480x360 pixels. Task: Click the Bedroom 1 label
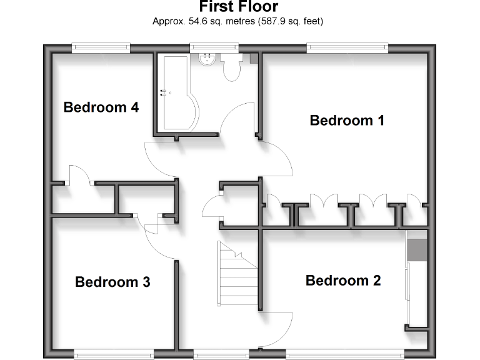(x=347, y=120)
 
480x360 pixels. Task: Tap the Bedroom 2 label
(x=343, y=281)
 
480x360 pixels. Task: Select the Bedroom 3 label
(x=112, y=282)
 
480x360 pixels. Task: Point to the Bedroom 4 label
(x=101, y=107)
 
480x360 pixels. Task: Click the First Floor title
(x=238, y=7)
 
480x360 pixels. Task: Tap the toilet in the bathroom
(x=231, y=67)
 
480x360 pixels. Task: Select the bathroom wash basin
(x=207, y=59)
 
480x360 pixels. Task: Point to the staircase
(x=238, y=275)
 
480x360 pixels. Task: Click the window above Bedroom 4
(x=101, y=46)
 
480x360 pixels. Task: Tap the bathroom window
(x=214, y=46)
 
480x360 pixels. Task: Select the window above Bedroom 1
(x=347, y=46)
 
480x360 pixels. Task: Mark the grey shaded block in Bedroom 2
(x=416, y=250)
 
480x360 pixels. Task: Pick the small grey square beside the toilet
(x=254, y=58)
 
